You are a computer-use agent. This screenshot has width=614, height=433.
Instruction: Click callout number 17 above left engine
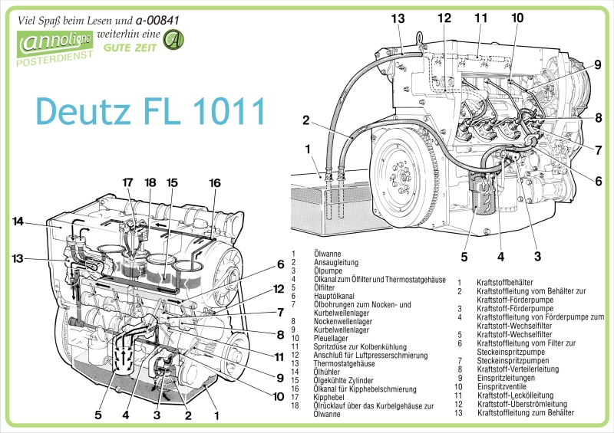[x=128, y=182]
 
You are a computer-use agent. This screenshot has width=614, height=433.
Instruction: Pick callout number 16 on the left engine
[x=215, y=182]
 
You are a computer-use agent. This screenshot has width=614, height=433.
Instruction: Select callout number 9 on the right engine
[x=597, y=65]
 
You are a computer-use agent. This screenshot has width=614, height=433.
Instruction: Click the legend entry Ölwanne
[x=328, y=253]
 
